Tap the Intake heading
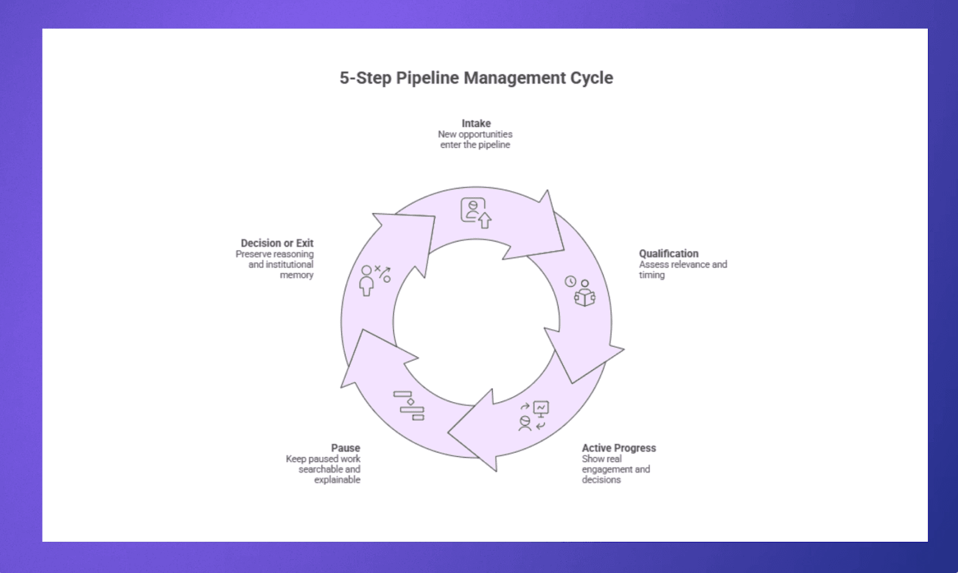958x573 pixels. coord(476,123)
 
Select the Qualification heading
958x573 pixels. coord(668,254)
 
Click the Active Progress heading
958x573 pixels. coord(619,448)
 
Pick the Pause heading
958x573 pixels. coord(345,448)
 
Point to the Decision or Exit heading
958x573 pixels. coord(277,243)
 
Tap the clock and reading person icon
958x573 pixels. coord(580,291)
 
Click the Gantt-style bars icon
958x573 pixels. coord(409,405)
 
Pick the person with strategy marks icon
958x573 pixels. coord(375,280)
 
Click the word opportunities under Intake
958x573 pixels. coord(486,134)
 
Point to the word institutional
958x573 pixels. coord(290,264)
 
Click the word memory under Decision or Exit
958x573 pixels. coord(296,275)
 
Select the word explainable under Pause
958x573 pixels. coord(337,479)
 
